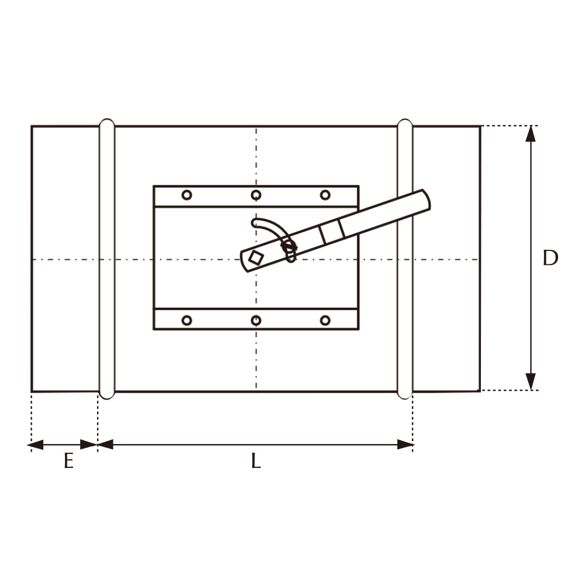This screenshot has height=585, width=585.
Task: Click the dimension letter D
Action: click(x=550, y=258)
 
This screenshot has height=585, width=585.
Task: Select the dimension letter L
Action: click(x=256, y=461)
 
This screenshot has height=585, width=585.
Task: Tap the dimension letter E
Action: click(x=68, y=461)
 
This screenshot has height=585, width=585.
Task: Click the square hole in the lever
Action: click(x=256, y=257)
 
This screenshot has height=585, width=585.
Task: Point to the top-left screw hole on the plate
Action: click(x=187, y=195)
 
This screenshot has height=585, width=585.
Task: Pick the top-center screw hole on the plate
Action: click(x=256, y=195)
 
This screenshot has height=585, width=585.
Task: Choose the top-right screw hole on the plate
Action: click(x=325, y=195)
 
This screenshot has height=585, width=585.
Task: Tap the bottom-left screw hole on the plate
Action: click(x=187, y=320)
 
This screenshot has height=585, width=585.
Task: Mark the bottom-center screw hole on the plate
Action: click(x=256, y=320)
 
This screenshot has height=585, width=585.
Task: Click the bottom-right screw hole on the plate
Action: click(x=325, y=320)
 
